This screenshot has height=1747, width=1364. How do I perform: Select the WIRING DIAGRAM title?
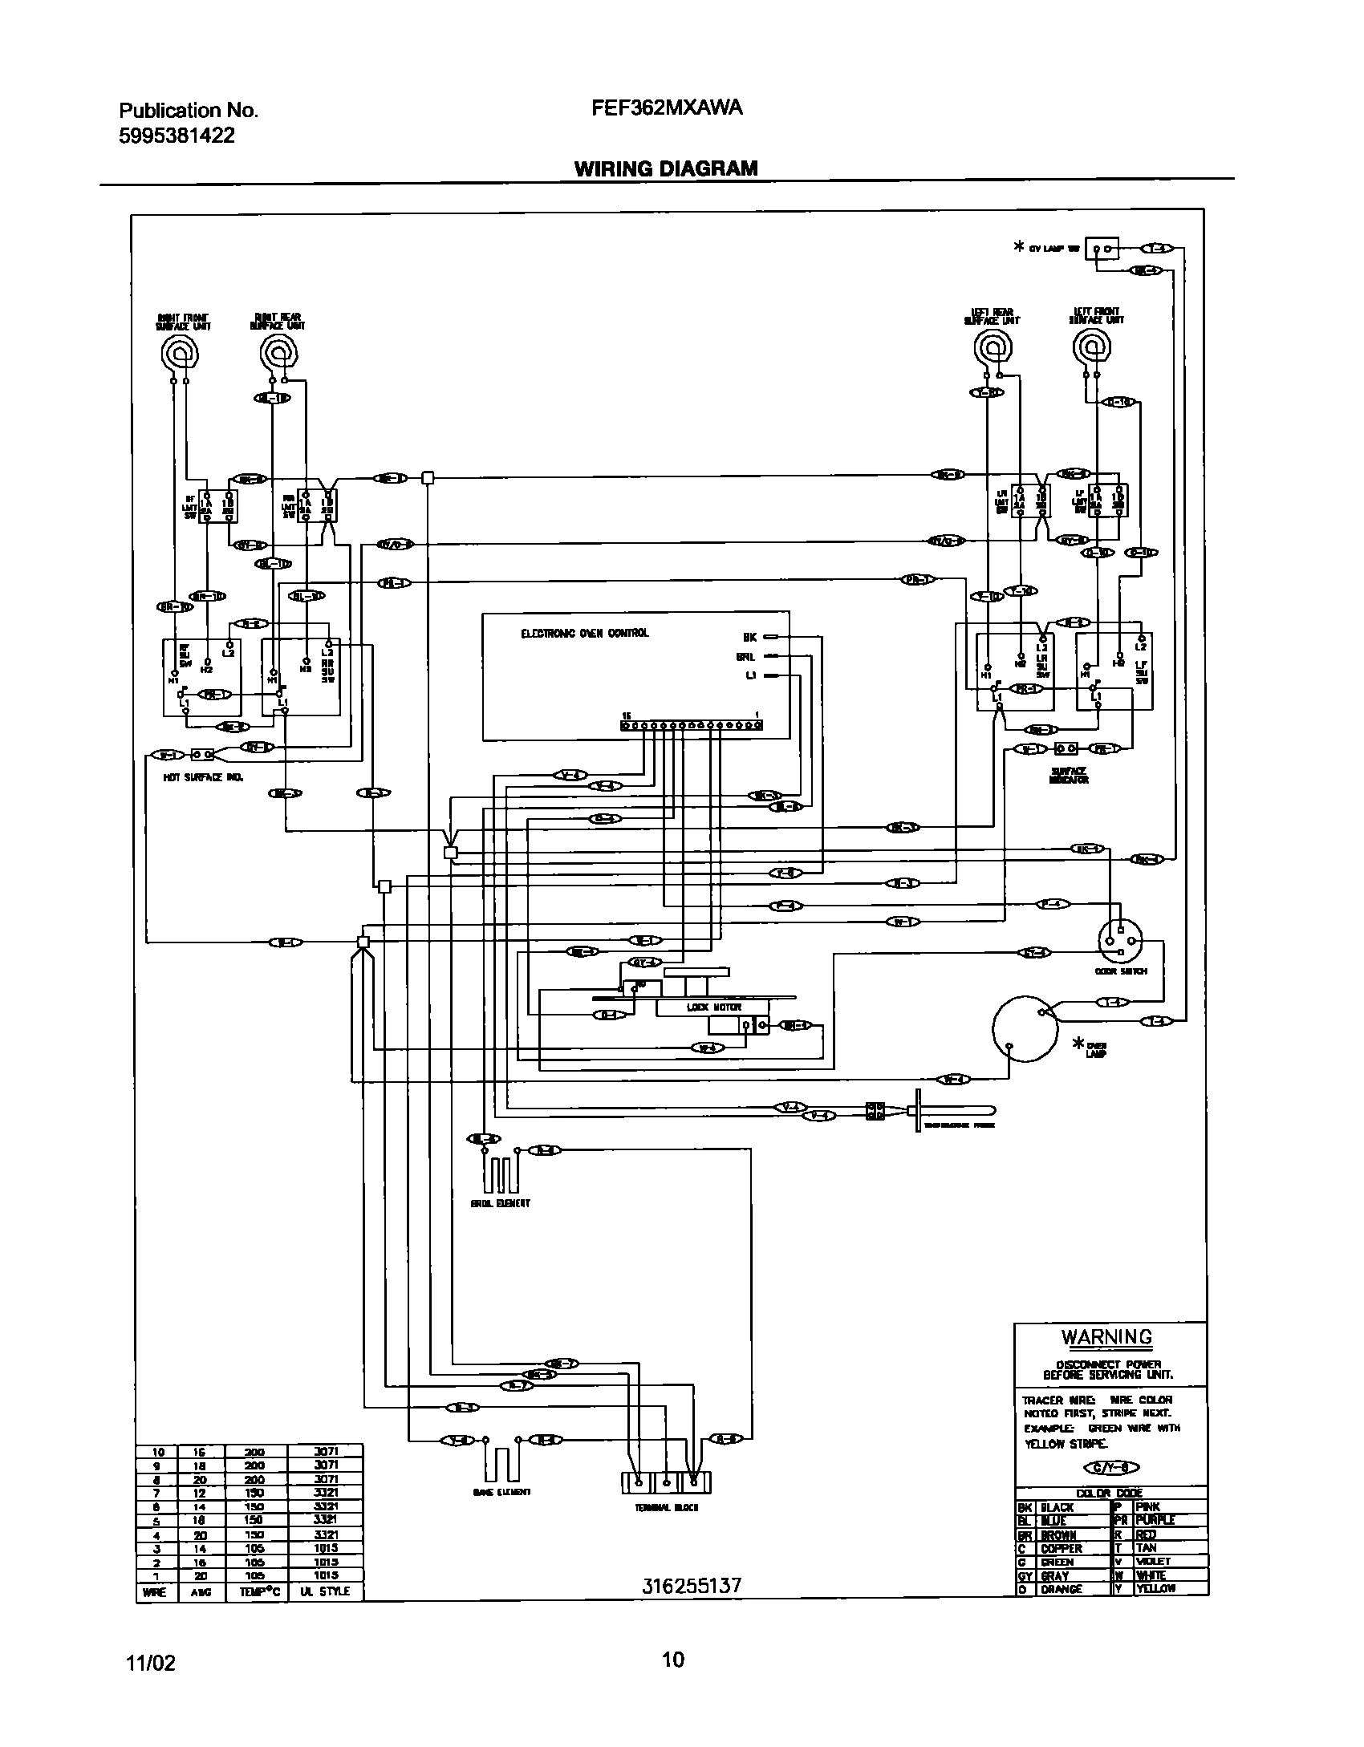click(x=665, y=168)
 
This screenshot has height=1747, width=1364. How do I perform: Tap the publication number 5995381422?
click(x=177, y=136)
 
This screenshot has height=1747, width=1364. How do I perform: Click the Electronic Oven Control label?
click(x=584, y=633)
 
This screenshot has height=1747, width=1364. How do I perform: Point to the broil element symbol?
click(x=501, y=1173)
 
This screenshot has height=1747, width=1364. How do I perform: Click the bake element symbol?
click(x=501, y=1464)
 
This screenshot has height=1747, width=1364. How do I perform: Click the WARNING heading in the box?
click(x=1106, y=1337)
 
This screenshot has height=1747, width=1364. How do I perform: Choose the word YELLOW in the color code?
click(x=1155, y=1589)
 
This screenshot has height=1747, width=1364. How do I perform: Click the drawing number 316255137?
click(x=692, y=1586)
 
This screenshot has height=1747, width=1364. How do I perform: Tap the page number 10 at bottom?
click(x=673, y=1659)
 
